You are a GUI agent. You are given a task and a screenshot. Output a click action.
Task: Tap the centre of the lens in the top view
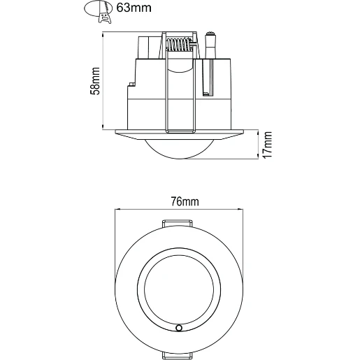[x=180, y=289]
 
